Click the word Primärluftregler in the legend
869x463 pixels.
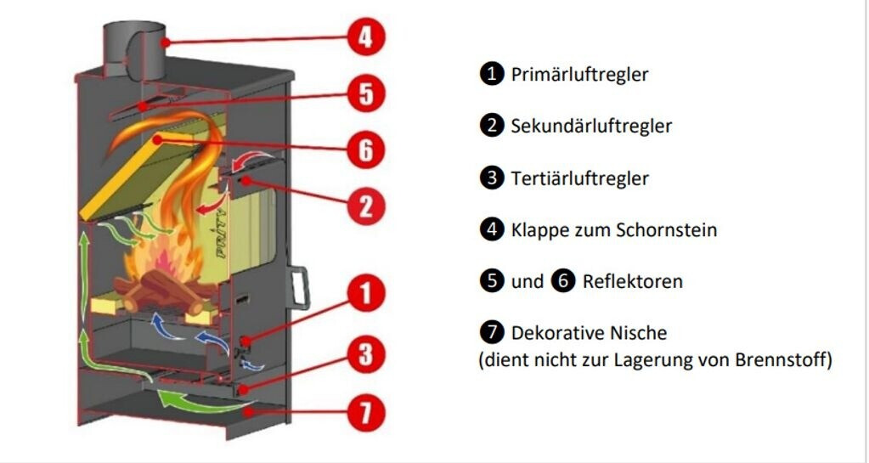[x=579, y=75]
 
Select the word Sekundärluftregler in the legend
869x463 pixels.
[x=591, y=127]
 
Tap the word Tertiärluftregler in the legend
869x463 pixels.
[x=579, y=178]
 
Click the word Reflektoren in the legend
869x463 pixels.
[x=632, y=281]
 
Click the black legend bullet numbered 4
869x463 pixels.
[x=491, y=229]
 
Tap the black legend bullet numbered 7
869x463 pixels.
[x=491, y=333]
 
